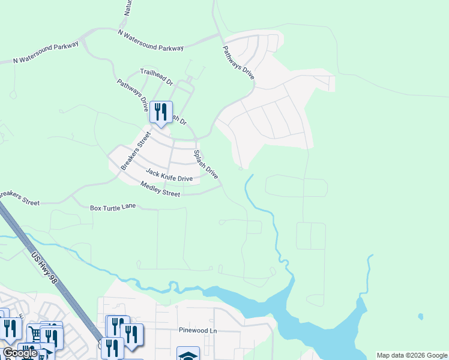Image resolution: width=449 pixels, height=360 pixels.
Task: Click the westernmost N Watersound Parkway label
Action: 46,53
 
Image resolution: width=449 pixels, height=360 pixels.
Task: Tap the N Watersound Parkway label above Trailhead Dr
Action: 151,40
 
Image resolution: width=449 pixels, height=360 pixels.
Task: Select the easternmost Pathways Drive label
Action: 239,63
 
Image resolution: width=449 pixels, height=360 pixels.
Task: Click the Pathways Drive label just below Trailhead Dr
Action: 133,96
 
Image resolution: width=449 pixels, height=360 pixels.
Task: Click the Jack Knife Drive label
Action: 169,175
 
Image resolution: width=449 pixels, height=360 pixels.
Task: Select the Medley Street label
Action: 160,189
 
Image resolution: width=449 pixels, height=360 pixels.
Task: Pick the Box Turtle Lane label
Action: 113,208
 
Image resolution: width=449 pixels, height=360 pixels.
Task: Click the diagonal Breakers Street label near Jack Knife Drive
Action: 134,151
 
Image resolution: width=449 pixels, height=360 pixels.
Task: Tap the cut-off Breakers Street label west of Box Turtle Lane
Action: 19,199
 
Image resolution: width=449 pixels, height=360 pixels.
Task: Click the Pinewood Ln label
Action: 197,330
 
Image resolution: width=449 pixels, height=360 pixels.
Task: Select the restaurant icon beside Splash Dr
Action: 160,112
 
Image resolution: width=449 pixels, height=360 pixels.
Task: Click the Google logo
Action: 19,353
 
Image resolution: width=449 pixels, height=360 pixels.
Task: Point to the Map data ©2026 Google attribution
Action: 412,355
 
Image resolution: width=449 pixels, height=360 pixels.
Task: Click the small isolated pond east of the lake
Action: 420,316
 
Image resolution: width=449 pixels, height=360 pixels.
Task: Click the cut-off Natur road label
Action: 128,8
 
